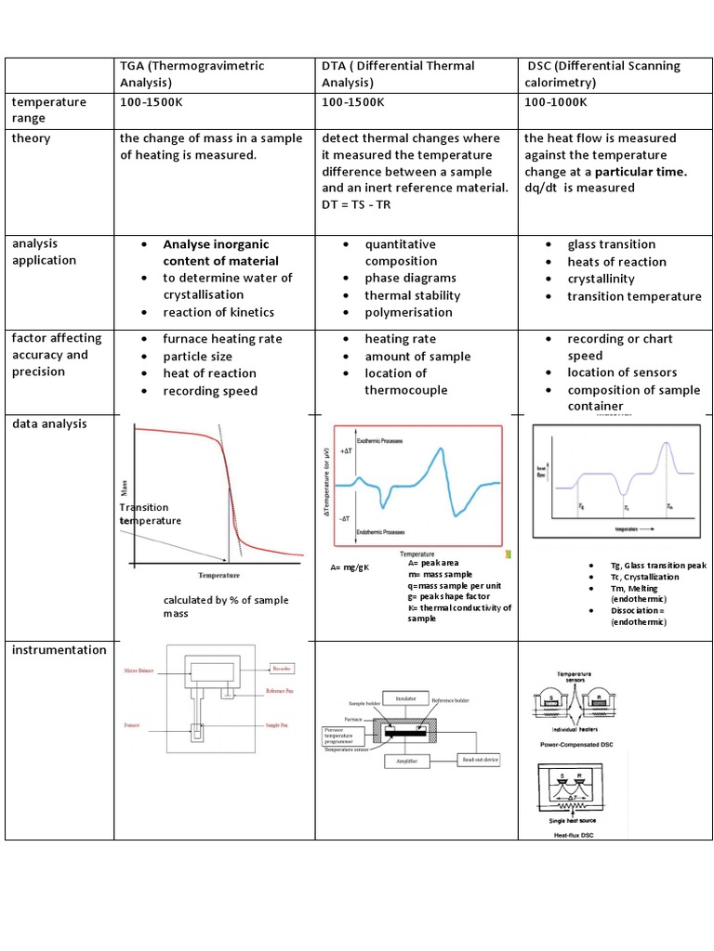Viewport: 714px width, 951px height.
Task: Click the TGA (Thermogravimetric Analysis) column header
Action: tap(192, 74)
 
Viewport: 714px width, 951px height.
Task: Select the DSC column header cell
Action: tap(602, 74)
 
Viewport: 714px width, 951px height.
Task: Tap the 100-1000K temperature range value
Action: tap(555, 102)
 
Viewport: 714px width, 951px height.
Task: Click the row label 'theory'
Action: tap(32, 138)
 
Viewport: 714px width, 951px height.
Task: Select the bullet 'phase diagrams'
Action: tap(410, 279)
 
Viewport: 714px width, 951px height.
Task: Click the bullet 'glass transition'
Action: tap(611, 244)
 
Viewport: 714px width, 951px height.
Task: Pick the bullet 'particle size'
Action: tap(197, 356)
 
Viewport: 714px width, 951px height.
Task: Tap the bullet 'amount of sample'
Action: tap(417, 357)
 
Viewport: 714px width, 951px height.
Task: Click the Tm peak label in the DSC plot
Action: tap(669, 508)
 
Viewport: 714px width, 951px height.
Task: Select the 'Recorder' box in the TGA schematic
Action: tap(283, 667)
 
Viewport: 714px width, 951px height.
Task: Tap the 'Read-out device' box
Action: tap(480, 760)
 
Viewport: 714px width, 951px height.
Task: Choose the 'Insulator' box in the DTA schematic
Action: tap(405, 697)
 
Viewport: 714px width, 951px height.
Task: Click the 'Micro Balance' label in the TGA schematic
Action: tap(139, 669)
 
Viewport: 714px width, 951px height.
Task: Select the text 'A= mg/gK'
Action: tap(350, 567)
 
